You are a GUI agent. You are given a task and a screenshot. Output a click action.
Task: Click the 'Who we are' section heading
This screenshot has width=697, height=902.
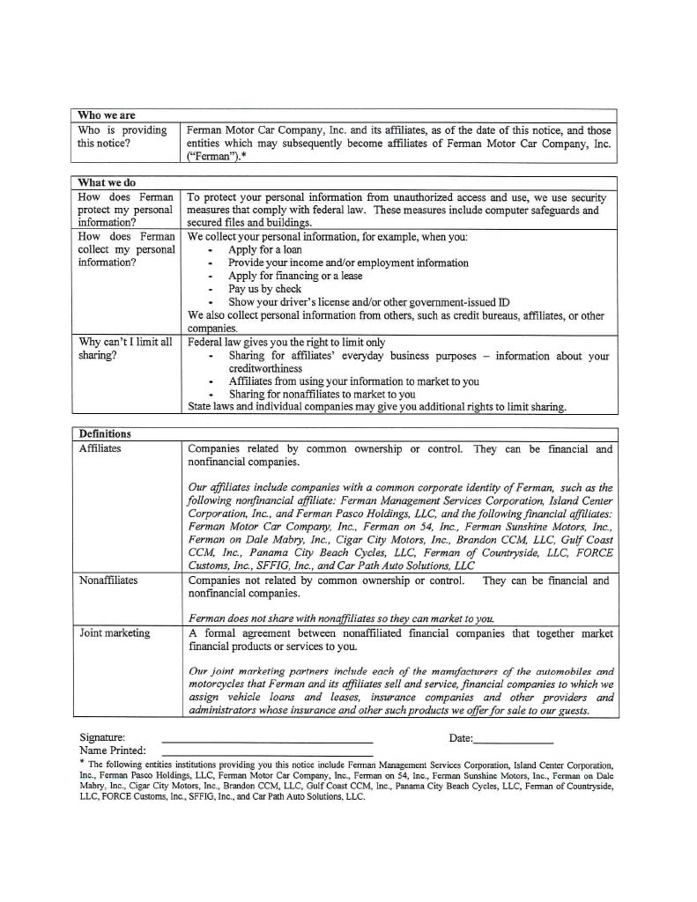click(x=107, y=115)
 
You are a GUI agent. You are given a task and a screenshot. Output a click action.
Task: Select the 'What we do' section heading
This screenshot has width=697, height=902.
click(x=107, y=183)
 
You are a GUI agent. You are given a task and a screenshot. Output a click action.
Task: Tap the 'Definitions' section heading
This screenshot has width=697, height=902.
click(x=105, y=434)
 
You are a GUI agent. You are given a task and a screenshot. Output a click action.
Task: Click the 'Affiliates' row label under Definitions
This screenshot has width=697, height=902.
click(x=100, y=448)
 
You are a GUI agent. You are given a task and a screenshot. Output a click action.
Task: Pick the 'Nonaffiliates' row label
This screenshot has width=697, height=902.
click(x=108, y=581)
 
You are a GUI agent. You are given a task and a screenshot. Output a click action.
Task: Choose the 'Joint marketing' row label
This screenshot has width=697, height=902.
click(x=115, y=633)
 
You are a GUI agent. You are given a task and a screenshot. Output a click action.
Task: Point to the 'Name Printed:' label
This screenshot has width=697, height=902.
click(x=113, y=750)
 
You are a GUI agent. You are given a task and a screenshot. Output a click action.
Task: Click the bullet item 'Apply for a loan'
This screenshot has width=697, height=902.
click(x=264, y=250)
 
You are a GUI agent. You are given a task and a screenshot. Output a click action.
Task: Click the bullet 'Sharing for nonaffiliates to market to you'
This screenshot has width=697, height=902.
click(x=322, y=395)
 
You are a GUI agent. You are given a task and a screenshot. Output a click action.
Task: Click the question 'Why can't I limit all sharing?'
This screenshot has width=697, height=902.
click(x=124, y=349)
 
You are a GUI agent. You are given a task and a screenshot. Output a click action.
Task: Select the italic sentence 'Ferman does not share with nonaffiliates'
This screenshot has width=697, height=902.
click(x=341, y=618)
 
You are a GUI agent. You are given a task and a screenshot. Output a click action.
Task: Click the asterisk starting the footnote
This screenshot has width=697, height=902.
click(x=81, y=763)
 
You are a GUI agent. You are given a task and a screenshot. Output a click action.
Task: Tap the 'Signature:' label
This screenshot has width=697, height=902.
click(x=101, y=737)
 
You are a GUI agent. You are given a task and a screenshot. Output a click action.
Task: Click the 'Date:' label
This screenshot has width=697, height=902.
click(x=461, y=738)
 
